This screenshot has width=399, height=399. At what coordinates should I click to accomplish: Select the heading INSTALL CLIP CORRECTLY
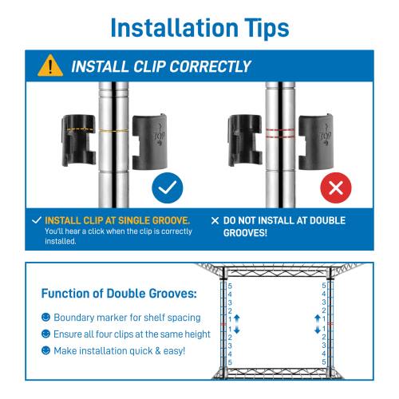point(160,66)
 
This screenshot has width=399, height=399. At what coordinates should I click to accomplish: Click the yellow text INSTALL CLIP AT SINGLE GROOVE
point(117,220)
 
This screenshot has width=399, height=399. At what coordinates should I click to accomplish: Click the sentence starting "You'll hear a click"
point(118,236)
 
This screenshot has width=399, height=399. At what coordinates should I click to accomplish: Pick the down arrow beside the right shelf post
point(317,330)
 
